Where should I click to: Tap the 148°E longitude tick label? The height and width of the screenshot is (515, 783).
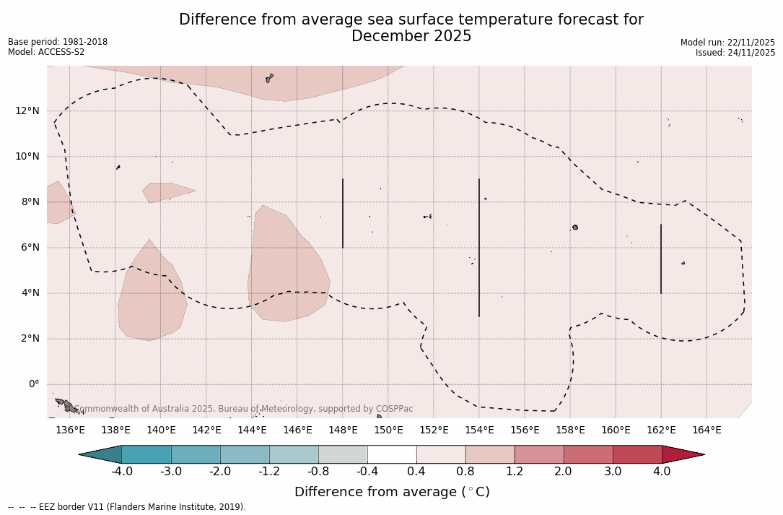pos(343,430)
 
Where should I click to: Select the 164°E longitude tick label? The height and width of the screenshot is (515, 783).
pos(707,430)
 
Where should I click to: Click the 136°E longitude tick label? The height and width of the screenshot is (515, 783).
pos(70,430)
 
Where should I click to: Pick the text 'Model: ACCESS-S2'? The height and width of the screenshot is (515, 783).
pos(46,52)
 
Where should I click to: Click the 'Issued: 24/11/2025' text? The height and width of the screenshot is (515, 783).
pos(735,53)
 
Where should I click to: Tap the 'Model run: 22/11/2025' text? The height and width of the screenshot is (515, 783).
pos(727,43)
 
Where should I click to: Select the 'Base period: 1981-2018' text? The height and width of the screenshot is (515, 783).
pos(58,42)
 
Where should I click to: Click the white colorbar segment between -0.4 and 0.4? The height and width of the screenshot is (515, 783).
pos(392,454)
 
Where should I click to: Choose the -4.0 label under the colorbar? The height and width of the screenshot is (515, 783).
pos(121,472)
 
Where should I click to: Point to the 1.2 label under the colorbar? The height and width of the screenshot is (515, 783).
pos(515,472)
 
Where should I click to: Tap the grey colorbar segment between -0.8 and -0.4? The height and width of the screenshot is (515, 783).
pos(343,454)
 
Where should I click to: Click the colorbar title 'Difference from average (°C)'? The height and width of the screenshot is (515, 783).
pos(392,492)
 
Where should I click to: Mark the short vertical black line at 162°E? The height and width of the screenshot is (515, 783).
pos(661,259)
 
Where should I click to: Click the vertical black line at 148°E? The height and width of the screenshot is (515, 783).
pos(343,213)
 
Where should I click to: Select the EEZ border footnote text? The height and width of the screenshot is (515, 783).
pos(127,507)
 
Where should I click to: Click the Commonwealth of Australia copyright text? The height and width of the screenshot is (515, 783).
pos(244,409)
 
